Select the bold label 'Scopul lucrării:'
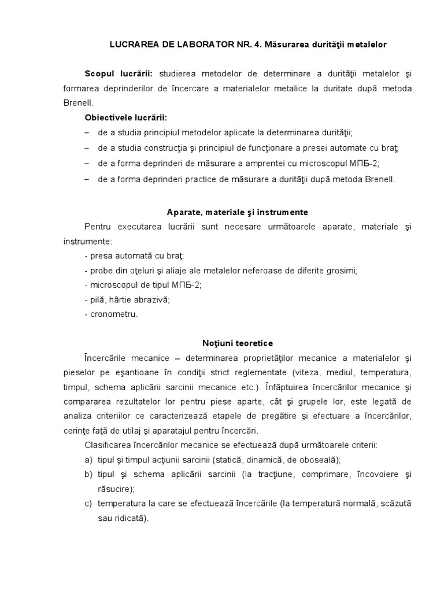click(119, 74)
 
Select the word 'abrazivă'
click(151, 299)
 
